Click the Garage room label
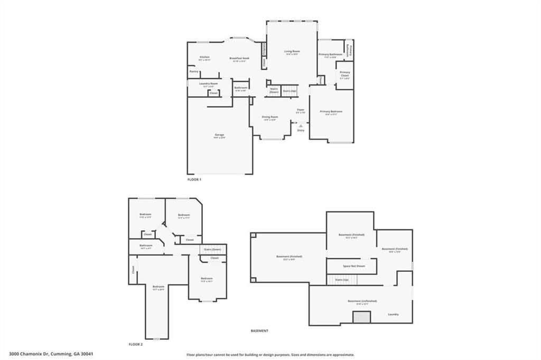point(219,135)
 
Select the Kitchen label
point(204,57)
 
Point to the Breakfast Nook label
point(239,58)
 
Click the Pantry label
point(194,71)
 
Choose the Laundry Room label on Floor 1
point(209,83)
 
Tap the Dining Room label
point(270,117)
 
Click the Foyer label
point(300,110)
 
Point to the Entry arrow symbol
point(301,126)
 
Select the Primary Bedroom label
point(331,111)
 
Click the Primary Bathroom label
point(331,54)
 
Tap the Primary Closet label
point(344,74)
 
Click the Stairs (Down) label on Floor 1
point(274,90)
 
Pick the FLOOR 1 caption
point(194,180)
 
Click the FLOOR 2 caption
point(136,344)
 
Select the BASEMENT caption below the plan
point(259,331)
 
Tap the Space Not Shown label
point(353,266)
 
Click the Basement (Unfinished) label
point(362,301)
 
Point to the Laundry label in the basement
point(393,314)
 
